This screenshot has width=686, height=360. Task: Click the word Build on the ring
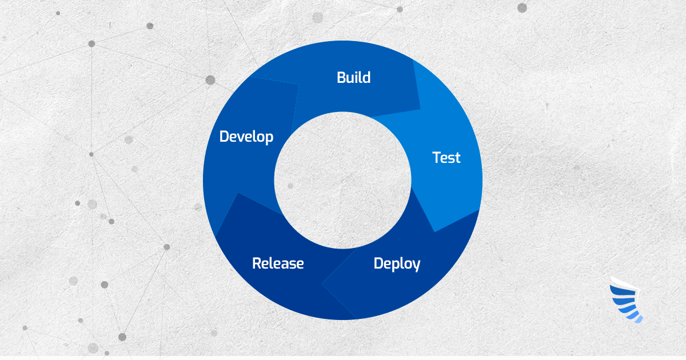(353, 77)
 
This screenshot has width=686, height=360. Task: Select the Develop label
(246, 137)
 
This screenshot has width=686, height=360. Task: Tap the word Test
(446, 158)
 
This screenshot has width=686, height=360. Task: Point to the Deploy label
(397, 264)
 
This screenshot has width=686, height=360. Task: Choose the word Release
(278, 263)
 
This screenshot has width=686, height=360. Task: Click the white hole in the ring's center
(343, 180)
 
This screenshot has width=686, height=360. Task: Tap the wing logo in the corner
(627, 299)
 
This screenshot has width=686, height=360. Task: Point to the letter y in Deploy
(416, 266)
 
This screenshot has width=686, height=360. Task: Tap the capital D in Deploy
(379, 264)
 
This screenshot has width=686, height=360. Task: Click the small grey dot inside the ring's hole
(290, 186)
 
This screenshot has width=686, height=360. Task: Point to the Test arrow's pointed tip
(435, 231)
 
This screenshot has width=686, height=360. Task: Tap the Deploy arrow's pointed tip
(322, 282)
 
